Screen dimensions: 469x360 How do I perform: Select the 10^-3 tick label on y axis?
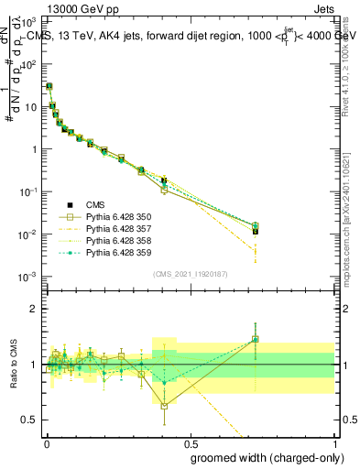(x=27, y=277)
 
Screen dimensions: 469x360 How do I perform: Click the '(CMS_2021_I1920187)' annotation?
(x=189, y=273)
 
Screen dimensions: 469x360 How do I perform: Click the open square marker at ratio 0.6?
(x=164, y=406)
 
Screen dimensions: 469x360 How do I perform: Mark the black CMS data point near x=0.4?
(x=164, y=181)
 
